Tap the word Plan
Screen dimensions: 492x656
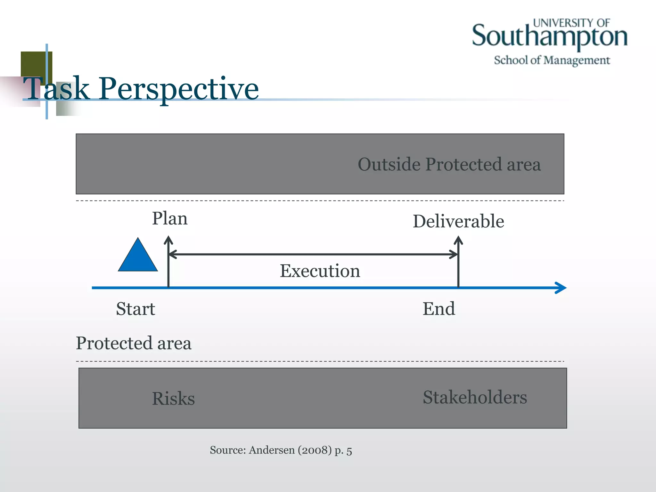[169, 219]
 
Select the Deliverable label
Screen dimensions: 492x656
[458, 221]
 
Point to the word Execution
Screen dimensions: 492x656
[320, 271]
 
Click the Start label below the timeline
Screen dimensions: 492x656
[135, 309]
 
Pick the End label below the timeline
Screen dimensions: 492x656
[439, 309]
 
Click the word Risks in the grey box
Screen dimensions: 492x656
[173, 398]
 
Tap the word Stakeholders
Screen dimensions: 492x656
[475, 397]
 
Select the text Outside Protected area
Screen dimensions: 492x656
[449, 164]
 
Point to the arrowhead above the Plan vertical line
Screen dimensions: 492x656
[168, 240]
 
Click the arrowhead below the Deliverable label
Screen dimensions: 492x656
[458, 240]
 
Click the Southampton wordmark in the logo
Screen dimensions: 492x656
[549, 37]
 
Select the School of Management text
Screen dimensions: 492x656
[552, 60]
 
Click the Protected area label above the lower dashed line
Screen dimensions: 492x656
[134, 343]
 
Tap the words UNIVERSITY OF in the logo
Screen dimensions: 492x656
[571, 23]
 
